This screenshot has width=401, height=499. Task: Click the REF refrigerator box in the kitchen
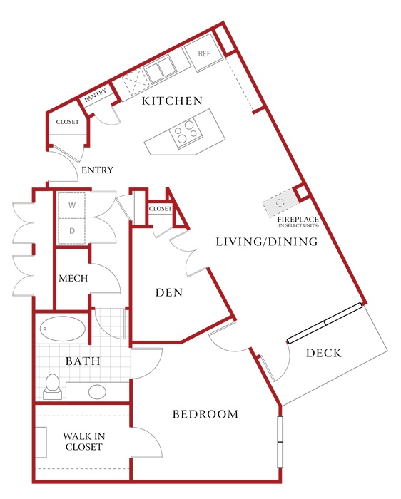203,53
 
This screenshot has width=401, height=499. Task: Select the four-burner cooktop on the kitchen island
186,132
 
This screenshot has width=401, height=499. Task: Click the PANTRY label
96,95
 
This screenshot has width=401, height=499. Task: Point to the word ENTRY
98,170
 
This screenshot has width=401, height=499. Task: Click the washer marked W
72,205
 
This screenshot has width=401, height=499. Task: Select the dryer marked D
72,231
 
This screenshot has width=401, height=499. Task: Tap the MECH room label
73,279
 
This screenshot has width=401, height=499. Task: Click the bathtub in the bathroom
62,329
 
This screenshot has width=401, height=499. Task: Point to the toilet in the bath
52,386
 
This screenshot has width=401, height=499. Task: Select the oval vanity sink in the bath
98,392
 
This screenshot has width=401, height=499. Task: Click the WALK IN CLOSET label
83,441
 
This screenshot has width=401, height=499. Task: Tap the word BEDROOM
205,414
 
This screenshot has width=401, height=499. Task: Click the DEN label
169,292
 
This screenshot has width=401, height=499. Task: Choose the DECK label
324,353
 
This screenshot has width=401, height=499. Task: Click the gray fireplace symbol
280,202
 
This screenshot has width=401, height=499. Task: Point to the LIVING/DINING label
267,242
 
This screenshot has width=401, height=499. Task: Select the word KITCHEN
172,101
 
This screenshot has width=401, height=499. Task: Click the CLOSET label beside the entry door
68,122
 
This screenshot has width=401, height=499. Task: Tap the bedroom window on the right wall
280,442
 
